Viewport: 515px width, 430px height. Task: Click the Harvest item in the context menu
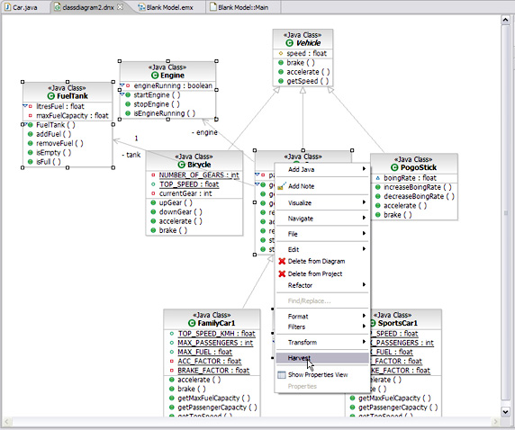coord(300,357)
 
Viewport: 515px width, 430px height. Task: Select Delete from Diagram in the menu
coord(315,261)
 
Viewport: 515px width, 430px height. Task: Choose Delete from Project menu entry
coord(314,273)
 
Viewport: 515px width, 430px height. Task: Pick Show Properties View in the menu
coord(317,374)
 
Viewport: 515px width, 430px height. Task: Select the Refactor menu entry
coord(301,284)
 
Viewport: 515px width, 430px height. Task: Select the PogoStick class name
coord(419,167)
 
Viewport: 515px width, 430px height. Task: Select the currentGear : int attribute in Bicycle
coord(186,193)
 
